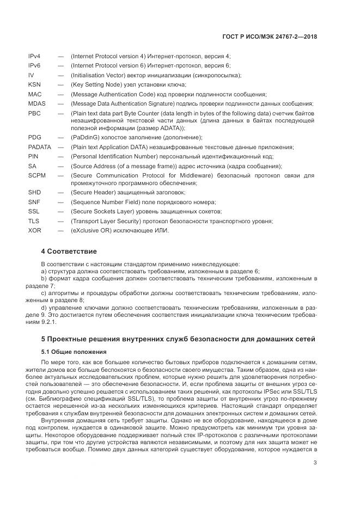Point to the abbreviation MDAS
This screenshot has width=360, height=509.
(x=37, y=103)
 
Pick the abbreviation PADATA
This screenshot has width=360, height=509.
(x=39, y=147)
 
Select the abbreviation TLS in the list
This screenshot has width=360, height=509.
(x=34, y=221)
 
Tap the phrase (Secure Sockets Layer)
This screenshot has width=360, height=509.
(x=101, y=211)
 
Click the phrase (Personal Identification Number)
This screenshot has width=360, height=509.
(x=112, y=156)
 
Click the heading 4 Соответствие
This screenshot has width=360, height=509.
(x=69, y=252)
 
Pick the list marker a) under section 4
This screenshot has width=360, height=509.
(x=44, y=271)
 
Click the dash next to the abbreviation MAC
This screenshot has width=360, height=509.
(x=60, y=94)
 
